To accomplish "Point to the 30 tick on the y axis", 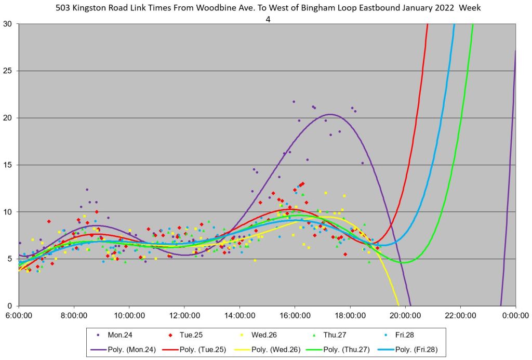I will [9, 24].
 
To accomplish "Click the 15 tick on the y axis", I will [9, 165].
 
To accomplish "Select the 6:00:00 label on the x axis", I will [19, 315].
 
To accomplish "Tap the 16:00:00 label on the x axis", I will [295, 315].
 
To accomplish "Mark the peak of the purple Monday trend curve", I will [330, 114].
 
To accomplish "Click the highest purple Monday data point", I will [294, 102].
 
